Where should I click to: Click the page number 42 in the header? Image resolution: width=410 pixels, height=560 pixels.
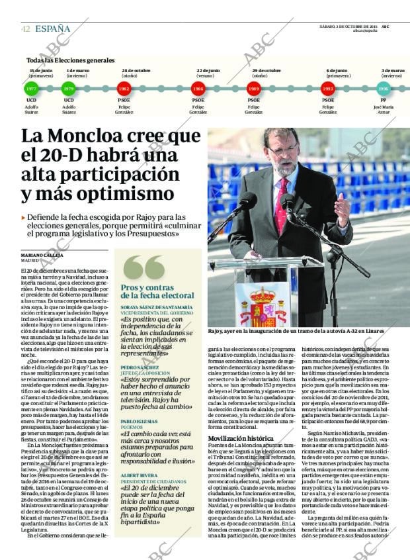[25, 28]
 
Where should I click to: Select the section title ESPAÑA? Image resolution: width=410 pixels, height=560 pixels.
[53, 28]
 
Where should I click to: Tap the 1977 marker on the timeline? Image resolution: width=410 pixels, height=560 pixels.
[31, 88]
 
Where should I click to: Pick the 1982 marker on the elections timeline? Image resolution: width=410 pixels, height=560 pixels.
[124, 88]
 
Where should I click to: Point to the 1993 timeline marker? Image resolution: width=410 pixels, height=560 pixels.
[328, 88]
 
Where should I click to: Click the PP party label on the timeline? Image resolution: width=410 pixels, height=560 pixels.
[383, 100]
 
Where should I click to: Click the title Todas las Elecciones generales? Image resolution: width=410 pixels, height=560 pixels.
[71, 60]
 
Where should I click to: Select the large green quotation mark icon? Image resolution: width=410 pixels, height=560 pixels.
[143, 267]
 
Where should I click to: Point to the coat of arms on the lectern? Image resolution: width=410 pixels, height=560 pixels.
[263, 305]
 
